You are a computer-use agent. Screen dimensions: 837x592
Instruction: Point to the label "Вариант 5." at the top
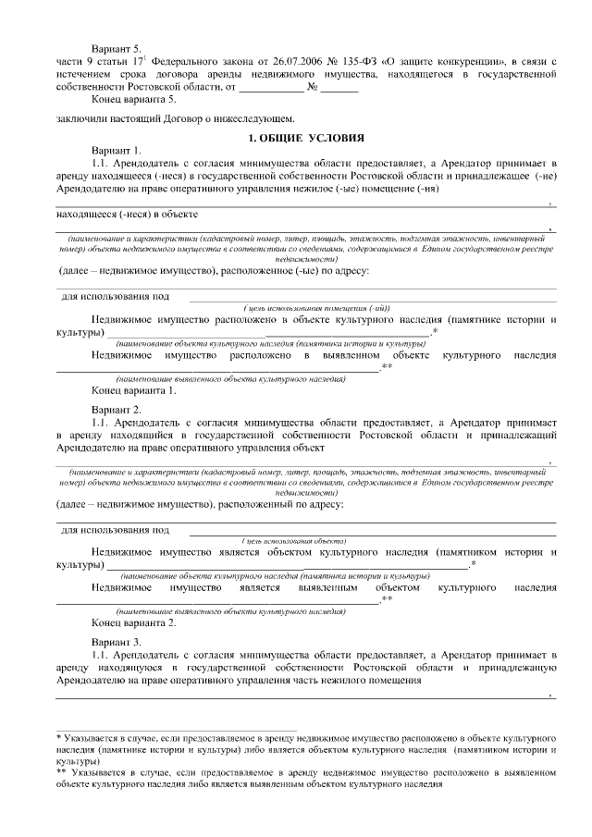(116, 47)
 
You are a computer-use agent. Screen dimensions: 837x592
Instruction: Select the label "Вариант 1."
(116, 150)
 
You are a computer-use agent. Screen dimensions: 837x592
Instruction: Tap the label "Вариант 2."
(116, 408)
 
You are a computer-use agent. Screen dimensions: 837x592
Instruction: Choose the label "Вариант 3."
(116, 640)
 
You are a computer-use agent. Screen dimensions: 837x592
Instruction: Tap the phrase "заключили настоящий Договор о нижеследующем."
(175, 118)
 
